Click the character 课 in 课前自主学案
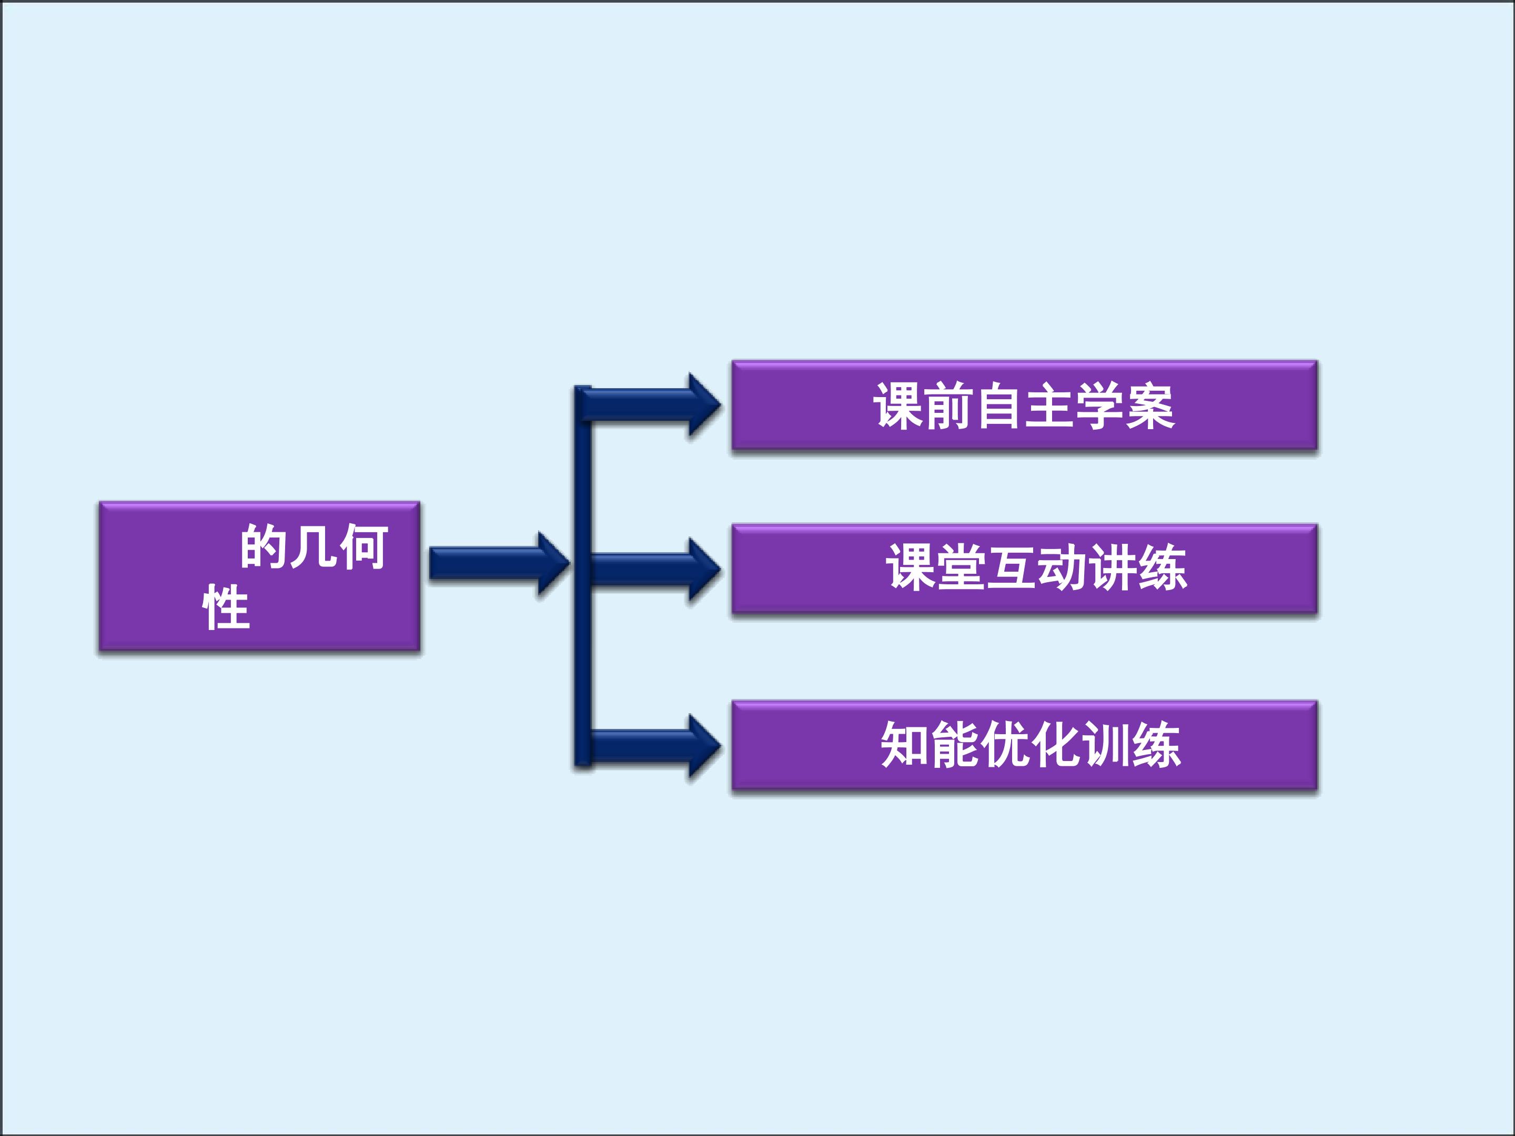[x=898, y=406]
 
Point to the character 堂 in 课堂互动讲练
[x=961, y=567]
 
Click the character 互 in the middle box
[x=1011, y=567]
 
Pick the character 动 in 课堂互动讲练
[x=1062, y=567]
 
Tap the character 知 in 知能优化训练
[x=905, y=745]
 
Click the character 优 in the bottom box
[x=1005, y=745]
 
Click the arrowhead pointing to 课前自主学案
[x=704, y=405]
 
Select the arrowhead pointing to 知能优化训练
[x=704, y=746]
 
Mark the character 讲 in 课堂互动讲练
[x=1112, y=567]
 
